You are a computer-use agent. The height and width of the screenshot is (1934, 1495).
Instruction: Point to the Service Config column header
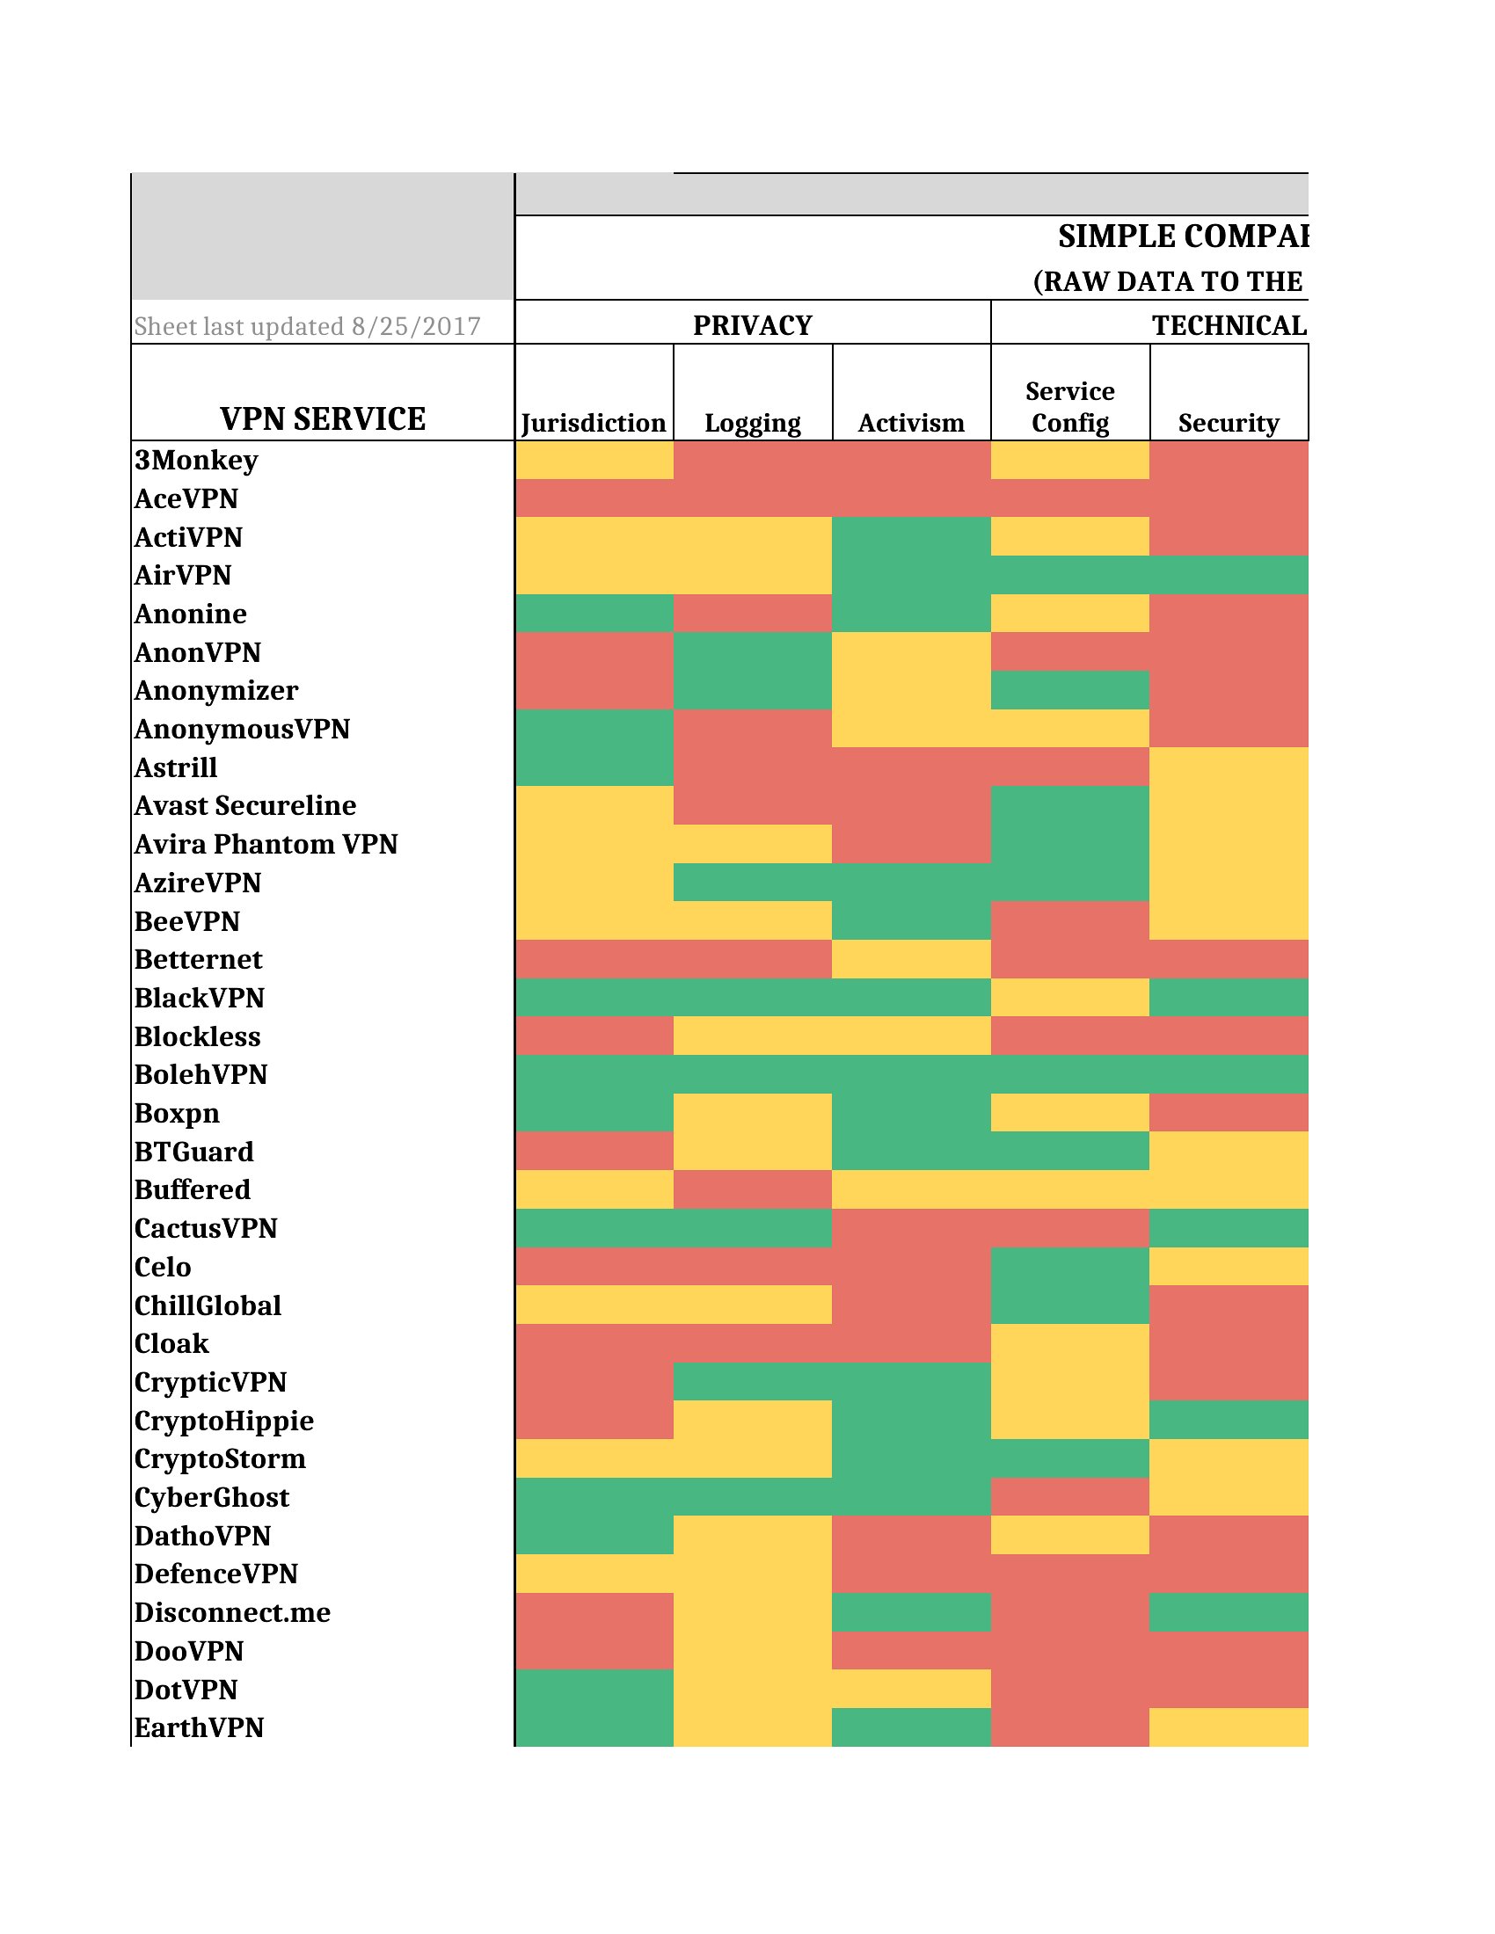point(1070,406)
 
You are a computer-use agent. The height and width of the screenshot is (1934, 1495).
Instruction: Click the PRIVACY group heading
point(752,325)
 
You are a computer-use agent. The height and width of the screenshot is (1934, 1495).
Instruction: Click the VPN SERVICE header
point(323,418)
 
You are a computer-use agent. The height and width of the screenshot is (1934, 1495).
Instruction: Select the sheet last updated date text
point(306,326)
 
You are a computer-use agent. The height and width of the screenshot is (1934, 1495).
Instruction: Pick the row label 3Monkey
point(197,460)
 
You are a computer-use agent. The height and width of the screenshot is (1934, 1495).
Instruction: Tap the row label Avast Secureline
point(245,805)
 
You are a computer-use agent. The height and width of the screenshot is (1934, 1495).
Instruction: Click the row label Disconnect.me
point(232,1611)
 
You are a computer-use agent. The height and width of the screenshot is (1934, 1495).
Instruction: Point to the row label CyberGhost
point(212,1496)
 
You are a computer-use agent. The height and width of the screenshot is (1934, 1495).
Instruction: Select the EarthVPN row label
point(200,1727)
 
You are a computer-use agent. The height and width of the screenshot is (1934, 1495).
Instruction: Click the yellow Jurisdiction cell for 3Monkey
point(594,460)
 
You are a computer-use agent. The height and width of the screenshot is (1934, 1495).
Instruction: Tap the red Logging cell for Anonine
point(752,613)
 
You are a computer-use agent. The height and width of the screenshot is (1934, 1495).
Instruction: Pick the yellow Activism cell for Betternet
point(910,959)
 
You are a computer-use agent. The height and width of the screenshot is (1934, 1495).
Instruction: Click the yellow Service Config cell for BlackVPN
point(1070,997)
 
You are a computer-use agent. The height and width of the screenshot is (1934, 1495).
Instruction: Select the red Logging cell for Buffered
point(752,1189)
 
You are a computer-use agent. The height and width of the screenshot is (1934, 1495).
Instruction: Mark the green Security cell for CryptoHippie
point(1229,1420)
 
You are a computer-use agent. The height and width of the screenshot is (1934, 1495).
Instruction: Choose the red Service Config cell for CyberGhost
point(1070,1496)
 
